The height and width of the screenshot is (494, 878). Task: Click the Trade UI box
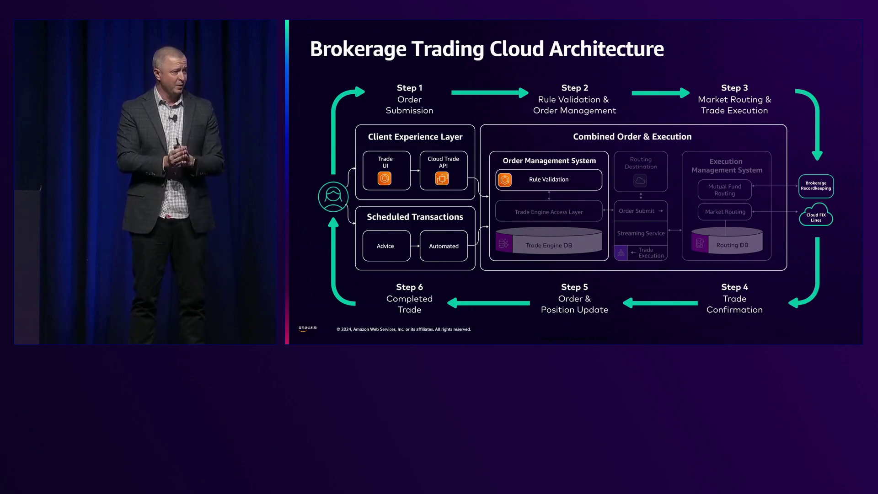point(386,170)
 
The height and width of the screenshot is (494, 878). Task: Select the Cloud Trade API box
point(443,170)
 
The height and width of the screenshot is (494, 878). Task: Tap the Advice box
point(386,246)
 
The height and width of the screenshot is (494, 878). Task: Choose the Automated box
point(444,246)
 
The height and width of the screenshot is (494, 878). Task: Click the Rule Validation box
point(548,180)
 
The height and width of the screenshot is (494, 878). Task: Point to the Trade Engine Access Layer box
point(548,212)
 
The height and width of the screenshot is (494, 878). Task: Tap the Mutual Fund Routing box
point(724,190)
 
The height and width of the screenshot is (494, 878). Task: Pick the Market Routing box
point(725,212)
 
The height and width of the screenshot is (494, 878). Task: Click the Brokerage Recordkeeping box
point(816,186)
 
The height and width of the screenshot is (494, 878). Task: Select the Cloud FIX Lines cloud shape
point(816,216)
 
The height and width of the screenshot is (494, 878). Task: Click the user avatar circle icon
point(333,197)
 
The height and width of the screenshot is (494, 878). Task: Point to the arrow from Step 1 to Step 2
point(489,93)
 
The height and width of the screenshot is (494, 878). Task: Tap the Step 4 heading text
point(734,287)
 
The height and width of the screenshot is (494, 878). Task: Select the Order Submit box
point(640,211)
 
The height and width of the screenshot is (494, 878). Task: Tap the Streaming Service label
point(641,233)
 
